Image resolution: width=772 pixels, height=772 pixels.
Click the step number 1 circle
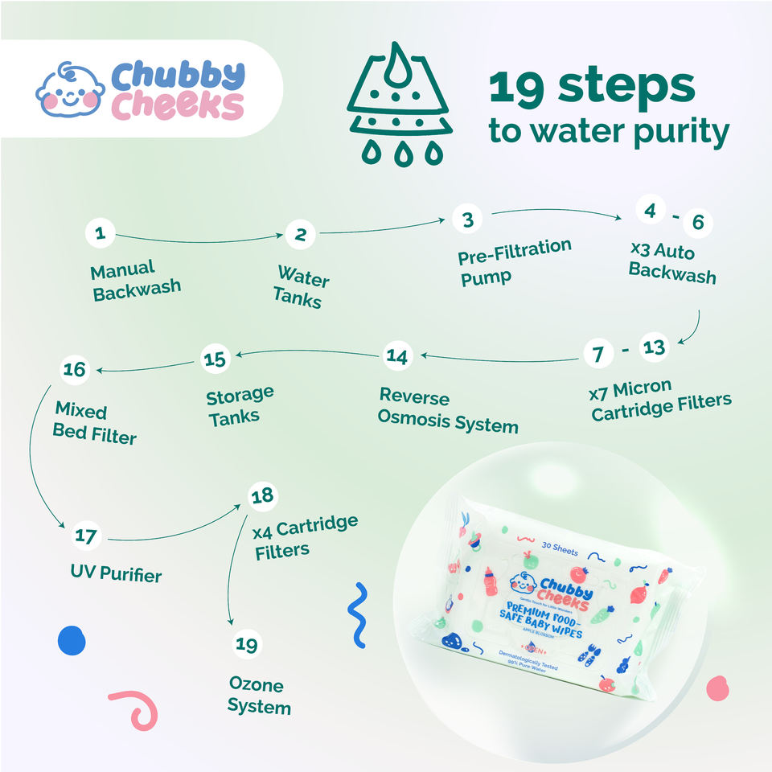[101, 234]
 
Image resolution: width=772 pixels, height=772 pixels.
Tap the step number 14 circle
[397, 355]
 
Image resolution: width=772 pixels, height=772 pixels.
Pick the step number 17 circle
[86, 535]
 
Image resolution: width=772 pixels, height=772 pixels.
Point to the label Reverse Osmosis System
[448, 410]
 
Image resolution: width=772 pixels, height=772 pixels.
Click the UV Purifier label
[116, 575]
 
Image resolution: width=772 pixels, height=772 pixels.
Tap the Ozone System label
[258, 696]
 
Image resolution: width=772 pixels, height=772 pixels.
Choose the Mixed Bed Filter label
[94, 424]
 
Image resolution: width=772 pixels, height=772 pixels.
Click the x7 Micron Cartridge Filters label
[660, 401]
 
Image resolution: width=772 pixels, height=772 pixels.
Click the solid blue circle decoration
[71, 640]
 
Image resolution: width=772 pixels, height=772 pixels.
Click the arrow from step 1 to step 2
[200, 240]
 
